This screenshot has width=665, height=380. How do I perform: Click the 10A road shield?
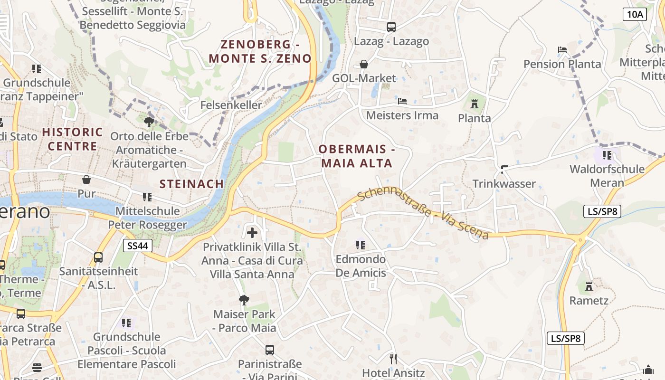tap(635, 14)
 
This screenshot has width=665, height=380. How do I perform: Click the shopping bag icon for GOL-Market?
tap(364, 64)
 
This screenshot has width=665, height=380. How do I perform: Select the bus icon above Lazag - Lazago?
tap(391, 27)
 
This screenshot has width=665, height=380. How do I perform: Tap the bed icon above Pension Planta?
tap(562, 50)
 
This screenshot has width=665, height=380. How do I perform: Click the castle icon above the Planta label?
tap(474, 104)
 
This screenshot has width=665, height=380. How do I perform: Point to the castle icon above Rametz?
tap(589, 286)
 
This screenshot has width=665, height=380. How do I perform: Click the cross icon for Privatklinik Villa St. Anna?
tap(252, 233)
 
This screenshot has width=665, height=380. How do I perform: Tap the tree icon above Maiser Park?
tap(244, 300)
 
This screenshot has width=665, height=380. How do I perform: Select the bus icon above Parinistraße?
tap(270, 350)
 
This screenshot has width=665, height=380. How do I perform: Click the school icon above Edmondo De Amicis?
tap(361, 245)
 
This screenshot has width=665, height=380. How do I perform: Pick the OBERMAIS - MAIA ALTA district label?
tap(357, 156)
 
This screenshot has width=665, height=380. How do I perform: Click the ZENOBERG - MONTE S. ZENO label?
tap(260, 52)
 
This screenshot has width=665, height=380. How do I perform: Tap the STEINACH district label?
tap(191, 184)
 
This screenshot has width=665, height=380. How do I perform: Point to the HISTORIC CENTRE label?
tap(72, 139)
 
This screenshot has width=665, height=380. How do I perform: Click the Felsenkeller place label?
tap(231, 105)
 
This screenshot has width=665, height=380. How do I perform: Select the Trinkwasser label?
tap(504, 184)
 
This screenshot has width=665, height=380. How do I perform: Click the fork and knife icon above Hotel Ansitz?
tap(393, 359)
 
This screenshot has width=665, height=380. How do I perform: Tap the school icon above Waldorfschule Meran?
tap(607, 155)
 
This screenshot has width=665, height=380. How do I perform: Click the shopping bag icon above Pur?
tap(86, 180)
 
